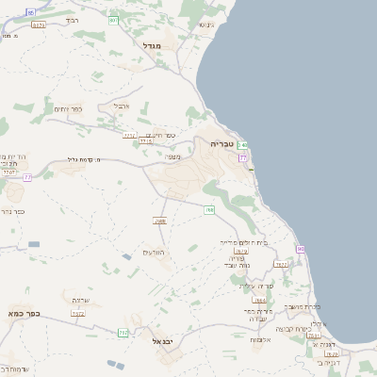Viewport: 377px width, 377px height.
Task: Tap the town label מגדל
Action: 153,45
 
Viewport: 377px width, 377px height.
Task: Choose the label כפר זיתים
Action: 68,109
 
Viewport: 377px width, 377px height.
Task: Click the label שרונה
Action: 80,300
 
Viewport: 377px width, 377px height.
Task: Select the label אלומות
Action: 263,339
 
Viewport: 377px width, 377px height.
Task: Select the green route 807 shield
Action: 114,19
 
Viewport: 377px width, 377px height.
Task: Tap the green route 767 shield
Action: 123,332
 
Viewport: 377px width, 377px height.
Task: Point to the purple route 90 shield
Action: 300,249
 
